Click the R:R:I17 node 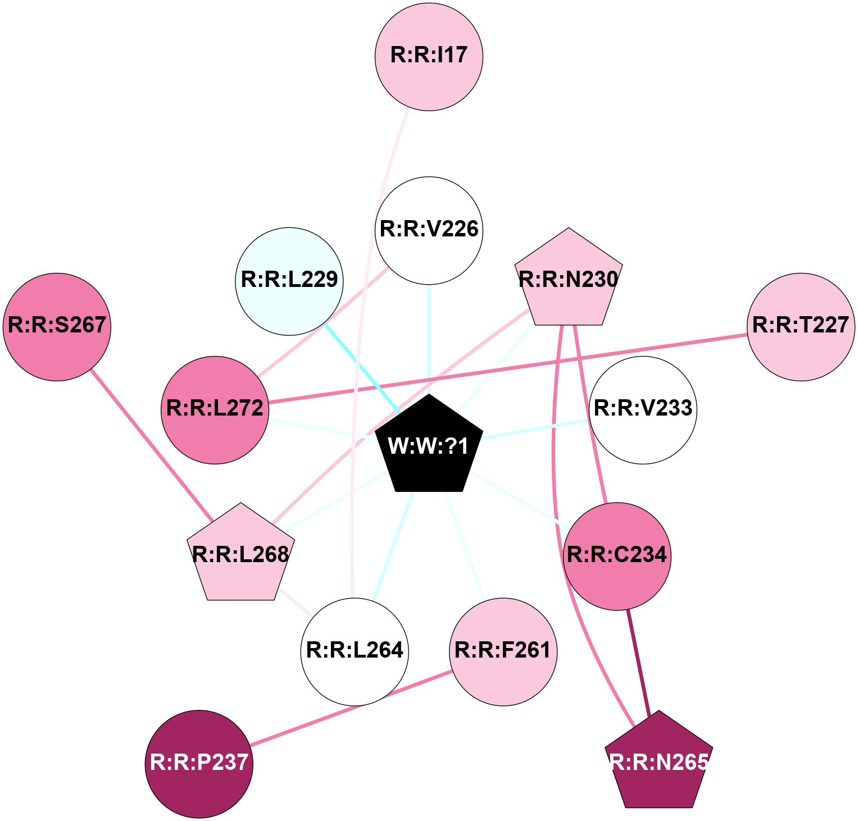(x=429, y=57)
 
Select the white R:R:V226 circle (x=429, y=230)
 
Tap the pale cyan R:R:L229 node (x=289, y=281)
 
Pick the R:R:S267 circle (x=57, y=327)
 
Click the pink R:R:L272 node (x=215, y=410)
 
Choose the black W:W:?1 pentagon (x=429, y=446)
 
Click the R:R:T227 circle (x=800, y=327)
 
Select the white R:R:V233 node (x=643, y=410)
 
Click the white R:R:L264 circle (x=355, y=651)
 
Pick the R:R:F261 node (x=503, y=651)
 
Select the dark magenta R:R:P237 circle (x=199, y=764)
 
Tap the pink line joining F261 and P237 (x=351, y=709)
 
